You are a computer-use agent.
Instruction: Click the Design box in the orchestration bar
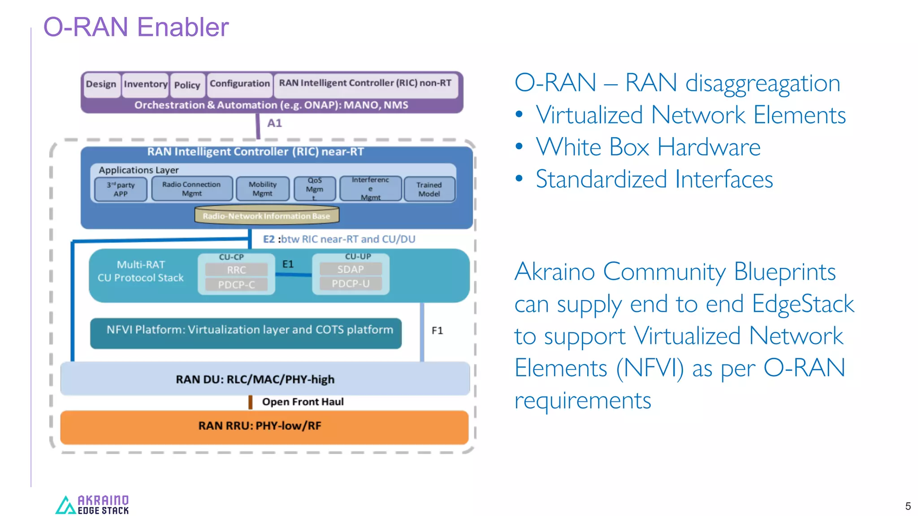[101, 84]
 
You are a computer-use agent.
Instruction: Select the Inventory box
[146, 84]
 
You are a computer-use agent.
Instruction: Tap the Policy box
[187, 85]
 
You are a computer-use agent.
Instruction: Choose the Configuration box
[240, 84]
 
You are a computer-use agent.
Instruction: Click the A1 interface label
[274, 123]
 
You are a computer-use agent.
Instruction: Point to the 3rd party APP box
[121, 189]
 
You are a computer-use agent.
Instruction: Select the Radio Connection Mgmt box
[191, 189]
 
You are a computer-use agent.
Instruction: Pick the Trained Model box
[429, 189]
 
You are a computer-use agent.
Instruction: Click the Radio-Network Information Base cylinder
[266, 215]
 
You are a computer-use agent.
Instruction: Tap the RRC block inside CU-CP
[236, 270]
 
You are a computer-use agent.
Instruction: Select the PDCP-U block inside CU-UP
[351, 284]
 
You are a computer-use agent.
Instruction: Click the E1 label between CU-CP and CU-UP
[288, 264]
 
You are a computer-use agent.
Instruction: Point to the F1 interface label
[437, 331]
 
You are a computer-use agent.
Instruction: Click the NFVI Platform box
[246, 333]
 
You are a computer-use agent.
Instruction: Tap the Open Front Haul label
[303, 402]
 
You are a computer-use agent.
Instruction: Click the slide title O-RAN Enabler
[136, 27]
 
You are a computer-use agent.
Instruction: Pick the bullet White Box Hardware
[648, 147]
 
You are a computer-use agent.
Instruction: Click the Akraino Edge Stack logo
[92, 505]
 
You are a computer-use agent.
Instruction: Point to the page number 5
[908, 506]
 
